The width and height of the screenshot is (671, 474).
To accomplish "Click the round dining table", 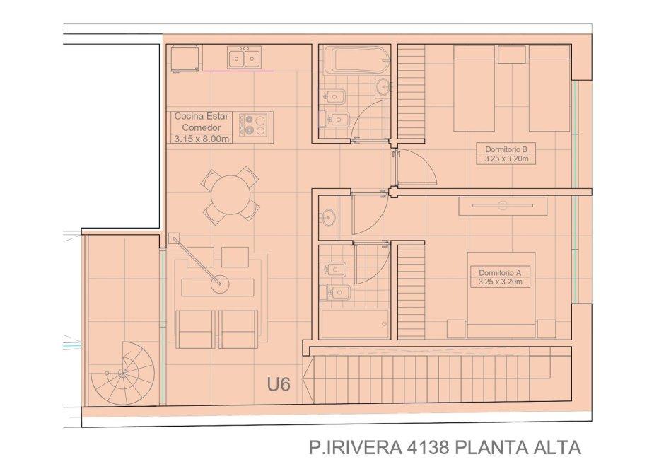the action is point(231,195).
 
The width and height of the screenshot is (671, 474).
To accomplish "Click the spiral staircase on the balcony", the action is point(122,373).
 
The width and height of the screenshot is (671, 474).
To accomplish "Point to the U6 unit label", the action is point(279,384).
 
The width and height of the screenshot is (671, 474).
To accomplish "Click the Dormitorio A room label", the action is point(501,273).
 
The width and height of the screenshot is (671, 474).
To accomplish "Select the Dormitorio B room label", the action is point(506,149).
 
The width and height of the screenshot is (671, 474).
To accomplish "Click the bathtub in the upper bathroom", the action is point(356,61).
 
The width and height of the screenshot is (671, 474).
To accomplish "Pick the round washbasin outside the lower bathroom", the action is point(329,218).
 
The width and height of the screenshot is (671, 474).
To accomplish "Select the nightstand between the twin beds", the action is point(512,54).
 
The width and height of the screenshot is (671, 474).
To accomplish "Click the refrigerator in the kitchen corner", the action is point(185,59).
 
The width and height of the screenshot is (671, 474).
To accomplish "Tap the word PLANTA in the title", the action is point(487,448).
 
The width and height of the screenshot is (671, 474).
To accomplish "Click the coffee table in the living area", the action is point(217,287).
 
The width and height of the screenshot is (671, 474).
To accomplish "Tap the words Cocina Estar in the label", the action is point(202,116).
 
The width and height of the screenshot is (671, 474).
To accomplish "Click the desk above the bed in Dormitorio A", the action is point(503,206).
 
